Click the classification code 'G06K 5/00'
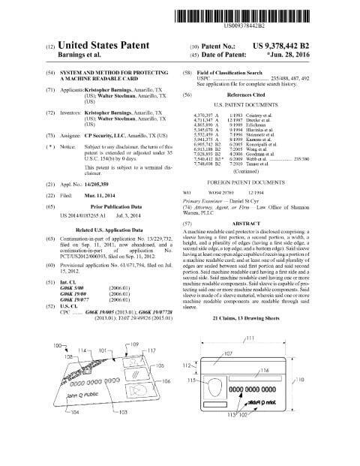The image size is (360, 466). coord(78,285)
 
